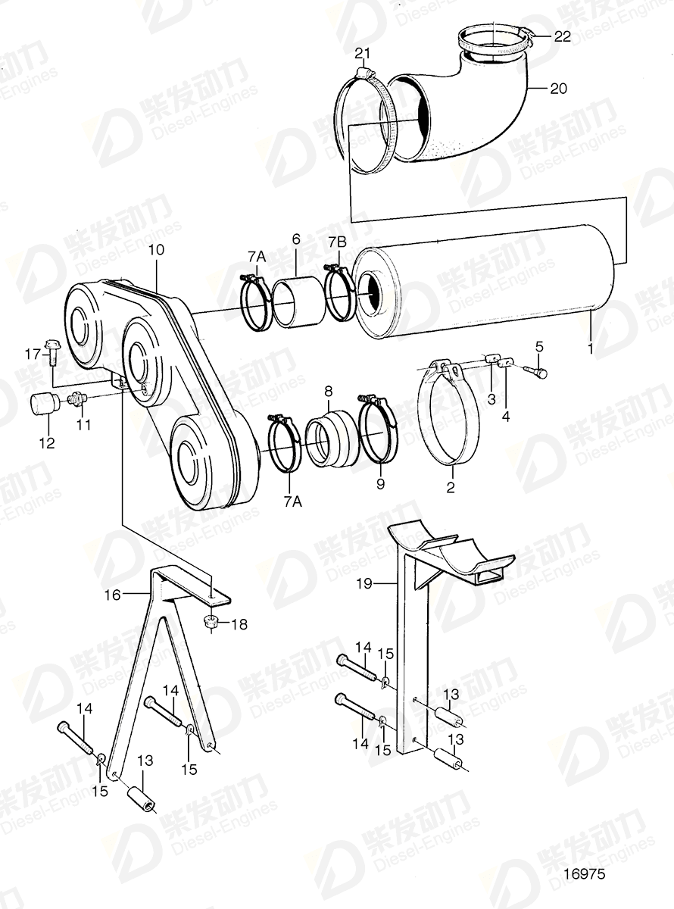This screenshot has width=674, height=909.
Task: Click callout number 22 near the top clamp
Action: coord(563,36)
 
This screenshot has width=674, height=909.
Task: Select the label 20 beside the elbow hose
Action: coord(557,89)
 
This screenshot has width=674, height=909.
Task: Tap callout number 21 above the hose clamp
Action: coord(363,52)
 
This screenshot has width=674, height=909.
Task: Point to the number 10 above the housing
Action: coord(156,249)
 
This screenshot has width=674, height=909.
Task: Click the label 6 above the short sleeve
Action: coord(295,239)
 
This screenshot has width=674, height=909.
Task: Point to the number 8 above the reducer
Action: coord(328,392)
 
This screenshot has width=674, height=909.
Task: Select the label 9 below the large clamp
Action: coord(380,483)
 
